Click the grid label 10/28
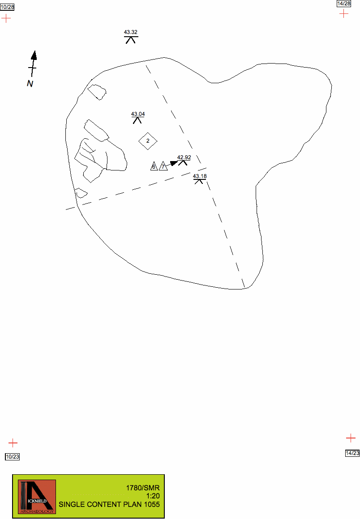7,7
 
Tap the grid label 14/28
344,3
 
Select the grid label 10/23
13,456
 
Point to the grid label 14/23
352,453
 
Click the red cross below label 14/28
344,13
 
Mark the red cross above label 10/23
13,443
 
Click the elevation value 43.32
130,32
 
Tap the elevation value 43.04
138,114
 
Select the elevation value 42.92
184,157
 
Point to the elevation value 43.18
200,176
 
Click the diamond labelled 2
148,141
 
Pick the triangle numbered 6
154,166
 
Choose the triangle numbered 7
163,166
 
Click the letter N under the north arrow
30,84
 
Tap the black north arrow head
34,55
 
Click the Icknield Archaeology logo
37,497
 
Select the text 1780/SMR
143,488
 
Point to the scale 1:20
153,496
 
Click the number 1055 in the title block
151,504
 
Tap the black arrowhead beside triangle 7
174,163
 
